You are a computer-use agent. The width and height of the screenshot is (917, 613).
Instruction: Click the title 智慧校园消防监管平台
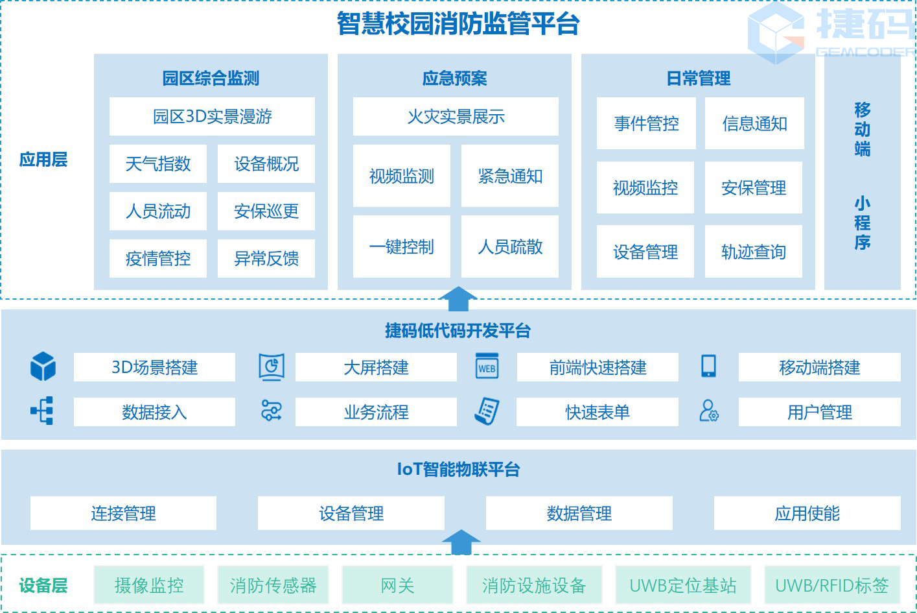pyautogui.click(x=458, y=24)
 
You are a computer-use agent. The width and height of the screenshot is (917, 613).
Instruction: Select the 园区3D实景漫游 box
pyautogui.click(x=212, y=117)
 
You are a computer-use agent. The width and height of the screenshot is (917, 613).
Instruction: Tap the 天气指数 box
pyautogui.click(x=157, y=164)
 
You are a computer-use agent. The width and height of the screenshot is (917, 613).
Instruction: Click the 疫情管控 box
pyautogui.click(x=157, y=259)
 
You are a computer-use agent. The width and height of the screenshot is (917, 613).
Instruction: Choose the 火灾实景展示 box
pyautogui.click(x=456, y=117)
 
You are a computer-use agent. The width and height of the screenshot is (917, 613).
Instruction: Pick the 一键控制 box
pyautogui.click(x=401, y=247)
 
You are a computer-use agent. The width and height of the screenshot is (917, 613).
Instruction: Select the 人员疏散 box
pyautogui.click(x=510, y=247)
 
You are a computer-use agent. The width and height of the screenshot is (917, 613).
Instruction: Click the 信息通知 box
pyautogui.click(x=754, y=124)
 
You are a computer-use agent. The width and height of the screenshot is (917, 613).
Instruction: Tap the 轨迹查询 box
pyautogui.click(x=753, y=252)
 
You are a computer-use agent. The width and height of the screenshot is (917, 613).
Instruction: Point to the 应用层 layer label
pyautogui.click(x=43, y=160)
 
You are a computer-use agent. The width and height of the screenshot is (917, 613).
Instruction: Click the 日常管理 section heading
pyautogui.click(x=698, y=78)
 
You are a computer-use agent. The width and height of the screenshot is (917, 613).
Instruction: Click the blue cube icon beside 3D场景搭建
pyautogui.click(x=43, y=367)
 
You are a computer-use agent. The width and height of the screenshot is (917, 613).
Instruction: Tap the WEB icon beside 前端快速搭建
pyautogui.click(x=487, y=367)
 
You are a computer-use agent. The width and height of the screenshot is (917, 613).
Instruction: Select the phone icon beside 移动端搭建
pyautogui.click(x=708, y=367)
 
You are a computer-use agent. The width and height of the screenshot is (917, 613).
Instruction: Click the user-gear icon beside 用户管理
pyautogui.click(x=709, y=411)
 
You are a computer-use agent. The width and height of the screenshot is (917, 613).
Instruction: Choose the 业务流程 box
pyautogui.click(x=376, y=412)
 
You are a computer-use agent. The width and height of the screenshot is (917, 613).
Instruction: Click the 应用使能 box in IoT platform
pyautogui.click(x=807, y=514)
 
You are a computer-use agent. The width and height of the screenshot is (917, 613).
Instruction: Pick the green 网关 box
pyautogui.click(x=397, y=586)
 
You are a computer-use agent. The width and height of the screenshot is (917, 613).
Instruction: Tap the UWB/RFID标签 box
pyautogui.click(x=831, y=586)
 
